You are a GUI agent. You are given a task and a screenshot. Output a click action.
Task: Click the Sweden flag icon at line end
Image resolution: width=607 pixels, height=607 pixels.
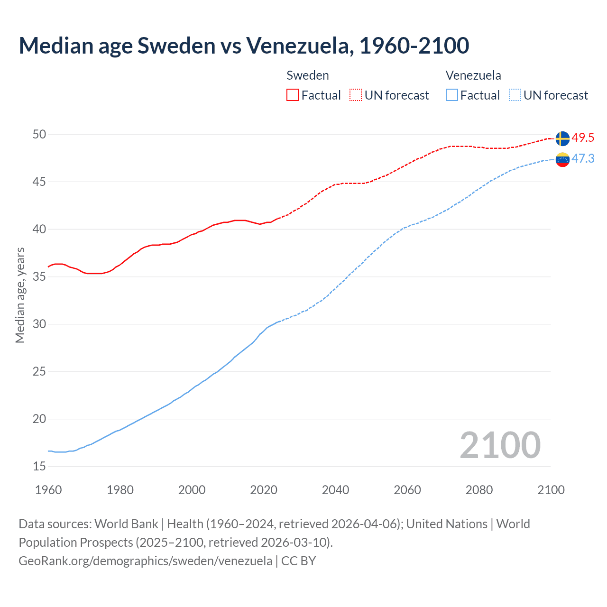(562, 138)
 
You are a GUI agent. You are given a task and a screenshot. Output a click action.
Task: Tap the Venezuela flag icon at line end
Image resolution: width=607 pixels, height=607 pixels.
(562, 160)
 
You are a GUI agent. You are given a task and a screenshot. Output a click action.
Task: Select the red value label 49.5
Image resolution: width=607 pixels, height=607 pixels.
(583, 138)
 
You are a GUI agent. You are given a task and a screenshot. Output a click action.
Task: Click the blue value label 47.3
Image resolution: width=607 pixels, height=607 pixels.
(583, 159)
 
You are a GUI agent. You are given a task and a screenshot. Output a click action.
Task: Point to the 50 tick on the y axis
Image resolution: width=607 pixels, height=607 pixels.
(39, 134)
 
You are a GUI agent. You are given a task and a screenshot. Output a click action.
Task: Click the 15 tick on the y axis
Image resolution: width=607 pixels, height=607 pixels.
(39, 467)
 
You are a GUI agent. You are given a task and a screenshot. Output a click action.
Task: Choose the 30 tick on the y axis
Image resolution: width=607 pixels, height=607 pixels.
(39, 324)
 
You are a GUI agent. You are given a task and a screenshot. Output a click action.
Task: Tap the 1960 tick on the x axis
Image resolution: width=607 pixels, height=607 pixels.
(48, 490)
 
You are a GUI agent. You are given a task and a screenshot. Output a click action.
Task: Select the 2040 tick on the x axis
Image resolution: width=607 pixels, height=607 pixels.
(335, 490)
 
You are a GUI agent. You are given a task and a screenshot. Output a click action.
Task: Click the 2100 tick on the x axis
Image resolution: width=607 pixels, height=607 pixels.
(551, 490)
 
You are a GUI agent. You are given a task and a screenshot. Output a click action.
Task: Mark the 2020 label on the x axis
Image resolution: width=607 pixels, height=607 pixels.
(264, 490)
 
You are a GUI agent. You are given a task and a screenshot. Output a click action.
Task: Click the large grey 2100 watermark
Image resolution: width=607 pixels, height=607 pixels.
(500, 445)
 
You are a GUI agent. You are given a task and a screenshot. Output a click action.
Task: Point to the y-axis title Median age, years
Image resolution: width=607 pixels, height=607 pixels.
(20, 295)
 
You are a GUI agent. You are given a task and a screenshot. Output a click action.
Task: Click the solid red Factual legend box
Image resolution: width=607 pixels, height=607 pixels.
(293, 95)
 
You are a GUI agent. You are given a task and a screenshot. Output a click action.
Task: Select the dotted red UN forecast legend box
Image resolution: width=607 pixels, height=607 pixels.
(356, 95)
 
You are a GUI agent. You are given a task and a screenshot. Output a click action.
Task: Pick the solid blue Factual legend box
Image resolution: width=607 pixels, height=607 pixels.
(452, 95)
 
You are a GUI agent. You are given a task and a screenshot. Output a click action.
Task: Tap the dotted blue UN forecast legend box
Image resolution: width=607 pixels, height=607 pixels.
(515, 95)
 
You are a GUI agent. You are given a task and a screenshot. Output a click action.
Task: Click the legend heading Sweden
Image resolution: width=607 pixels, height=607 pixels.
(308, 75)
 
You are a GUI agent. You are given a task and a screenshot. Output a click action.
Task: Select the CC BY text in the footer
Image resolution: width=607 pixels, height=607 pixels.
(298, 561)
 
